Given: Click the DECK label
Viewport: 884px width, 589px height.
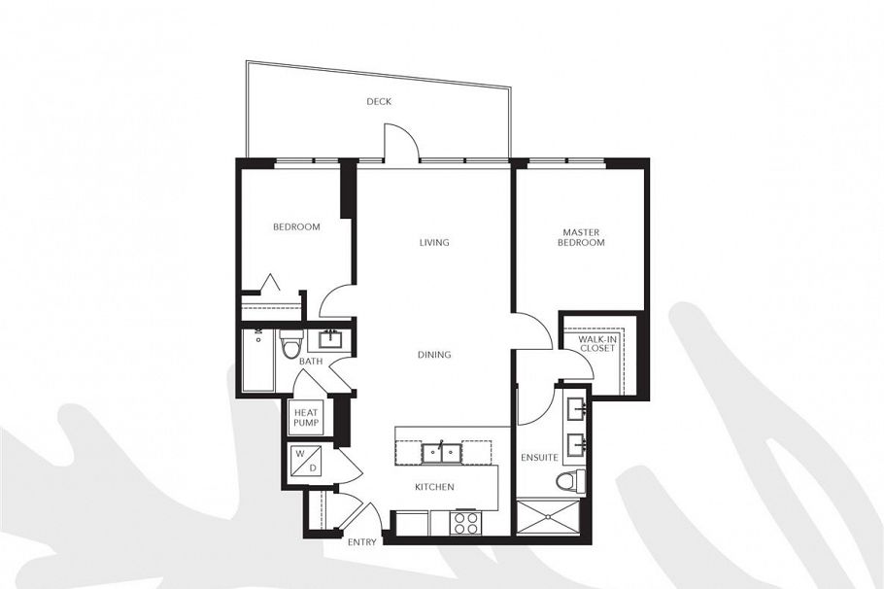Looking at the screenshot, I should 379,102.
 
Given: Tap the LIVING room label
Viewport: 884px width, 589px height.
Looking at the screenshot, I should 434,243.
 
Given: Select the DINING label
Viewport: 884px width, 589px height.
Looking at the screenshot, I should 434,355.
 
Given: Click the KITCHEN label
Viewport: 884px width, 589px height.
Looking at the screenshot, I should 434,487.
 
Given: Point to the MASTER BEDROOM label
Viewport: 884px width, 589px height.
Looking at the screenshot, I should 582,237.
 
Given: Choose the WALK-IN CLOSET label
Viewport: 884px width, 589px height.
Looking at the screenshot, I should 596,343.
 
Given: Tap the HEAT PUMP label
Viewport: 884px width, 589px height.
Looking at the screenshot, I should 305,419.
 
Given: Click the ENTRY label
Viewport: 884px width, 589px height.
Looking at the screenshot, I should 361,542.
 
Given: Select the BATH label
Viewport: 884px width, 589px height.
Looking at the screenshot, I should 311,362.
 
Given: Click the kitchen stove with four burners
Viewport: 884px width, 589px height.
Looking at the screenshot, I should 465,523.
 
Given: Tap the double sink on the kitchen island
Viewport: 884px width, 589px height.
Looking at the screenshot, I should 441,452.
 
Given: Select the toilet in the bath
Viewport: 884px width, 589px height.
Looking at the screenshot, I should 289,344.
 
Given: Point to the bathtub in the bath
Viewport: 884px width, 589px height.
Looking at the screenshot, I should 257,360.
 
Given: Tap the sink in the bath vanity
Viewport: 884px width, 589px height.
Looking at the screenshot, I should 329,339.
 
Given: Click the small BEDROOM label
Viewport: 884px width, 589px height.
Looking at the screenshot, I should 296,227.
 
